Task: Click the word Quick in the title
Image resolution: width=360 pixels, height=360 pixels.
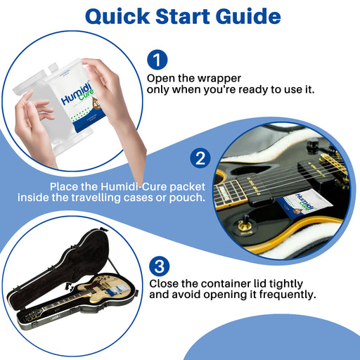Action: pyautogui.click(x=117, y=17)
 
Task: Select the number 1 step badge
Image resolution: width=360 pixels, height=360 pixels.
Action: pyautogui.click(x=157, y=60)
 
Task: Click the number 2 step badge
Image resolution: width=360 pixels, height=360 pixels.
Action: pyautogui.click(x=200, y=158)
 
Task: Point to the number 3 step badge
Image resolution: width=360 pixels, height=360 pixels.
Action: pyautogui.click(x=160, y=266)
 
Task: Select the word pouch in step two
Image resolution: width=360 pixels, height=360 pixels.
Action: pyautogui.click(x=187, y=198)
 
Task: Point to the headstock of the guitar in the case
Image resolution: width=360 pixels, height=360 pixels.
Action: pyautogui.click(x=31, y=317)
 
